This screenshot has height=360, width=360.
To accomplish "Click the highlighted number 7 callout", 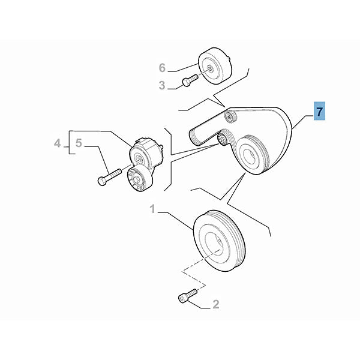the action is click(319, 111).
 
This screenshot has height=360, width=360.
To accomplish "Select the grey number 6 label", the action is click(162, 68).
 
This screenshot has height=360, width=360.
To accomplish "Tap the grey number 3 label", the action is click(162, 85).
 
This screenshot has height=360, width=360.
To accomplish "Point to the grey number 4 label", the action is click(57, 143).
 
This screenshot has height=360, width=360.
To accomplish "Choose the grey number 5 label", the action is click(79, 143).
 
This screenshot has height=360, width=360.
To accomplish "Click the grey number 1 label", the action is click(152, 209).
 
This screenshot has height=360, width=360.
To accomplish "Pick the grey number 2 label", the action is click(216, 304).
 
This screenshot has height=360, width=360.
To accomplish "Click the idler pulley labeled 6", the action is click(215, 66).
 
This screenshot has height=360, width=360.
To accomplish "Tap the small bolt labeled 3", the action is click(190, 80).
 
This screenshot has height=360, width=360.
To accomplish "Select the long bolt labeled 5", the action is click(109, 177).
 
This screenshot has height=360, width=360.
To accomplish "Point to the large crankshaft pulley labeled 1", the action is click(220, 241).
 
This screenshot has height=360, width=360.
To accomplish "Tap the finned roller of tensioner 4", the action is click(139, 178).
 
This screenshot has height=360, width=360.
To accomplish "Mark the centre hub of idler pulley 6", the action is click(210, 68).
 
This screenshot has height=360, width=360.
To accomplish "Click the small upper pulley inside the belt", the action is click(230, 117).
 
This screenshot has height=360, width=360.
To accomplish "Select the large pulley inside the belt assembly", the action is click(252, 154).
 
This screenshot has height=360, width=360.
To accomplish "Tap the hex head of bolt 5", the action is click(102, 181).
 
